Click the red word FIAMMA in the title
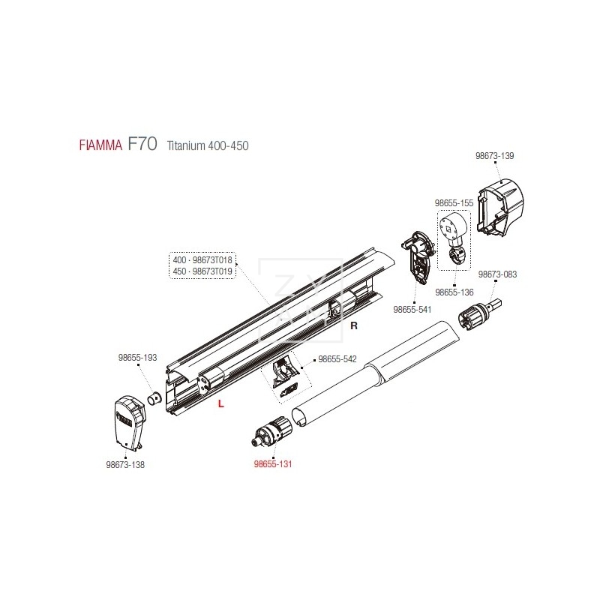[101, 146]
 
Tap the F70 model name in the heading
[142, 144]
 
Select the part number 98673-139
[495, 156]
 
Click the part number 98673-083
[498, 274]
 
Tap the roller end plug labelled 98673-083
[484, 312]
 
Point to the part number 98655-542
[337, 359]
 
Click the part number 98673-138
[125, 464]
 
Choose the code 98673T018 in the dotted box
[214, 260]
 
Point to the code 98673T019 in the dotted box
[214, 271]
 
